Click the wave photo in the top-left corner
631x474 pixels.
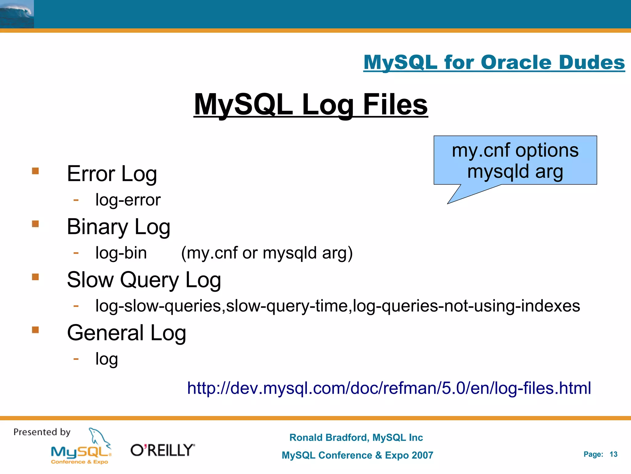pos(17,14)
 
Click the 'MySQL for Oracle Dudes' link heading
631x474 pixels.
pos(494,62)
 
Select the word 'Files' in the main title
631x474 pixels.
pos(395,105)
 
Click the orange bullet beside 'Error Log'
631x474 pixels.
pos(35,171)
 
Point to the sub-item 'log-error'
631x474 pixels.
pos(128,200)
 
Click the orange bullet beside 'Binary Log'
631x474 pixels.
pos(35,224)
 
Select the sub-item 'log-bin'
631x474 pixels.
pos(121,253)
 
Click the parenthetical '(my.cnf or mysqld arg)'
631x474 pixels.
pos(267,253)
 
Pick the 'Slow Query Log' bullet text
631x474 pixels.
pos(144,280)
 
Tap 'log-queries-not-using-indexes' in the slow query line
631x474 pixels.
pos(466,306)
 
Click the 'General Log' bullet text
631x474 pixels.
pos(126,333)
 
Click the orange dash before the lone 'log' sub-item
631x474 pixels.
pos(76,359)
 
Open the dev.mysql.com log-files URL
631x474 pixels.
pos(389,388)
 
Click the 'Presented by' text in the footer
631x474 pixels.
pos(42,432)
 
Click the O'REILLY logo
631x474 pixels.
pos(163,450)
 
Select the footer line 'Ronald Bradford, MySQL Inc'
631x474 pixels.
pos(356,438)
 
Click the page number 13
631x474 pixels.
pos(613,454)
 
